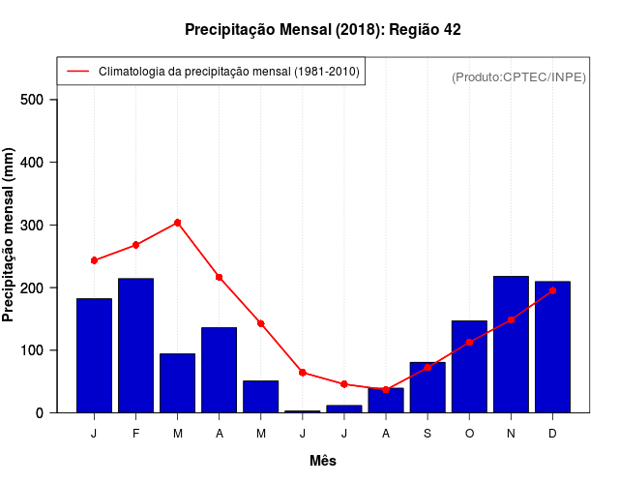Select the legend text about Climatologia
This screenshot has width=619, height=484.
(228, 72)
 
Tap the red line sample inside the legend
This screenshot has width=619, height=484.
(77, 72)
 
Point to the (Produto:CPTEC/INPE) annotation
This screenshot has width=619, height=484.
(518, 77)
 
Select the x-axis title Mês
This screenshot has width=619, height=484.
(323, 461)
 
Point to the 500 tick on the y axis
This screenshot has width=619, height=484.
(38, 100)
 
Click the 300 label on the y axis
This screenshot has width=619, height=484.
(38, 226)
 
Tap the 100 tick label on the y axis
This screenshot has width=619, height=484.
(38, 350)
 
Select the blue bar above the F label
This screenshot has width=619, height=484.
(135, 346)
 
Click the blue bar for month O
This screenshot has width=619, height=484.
(469, 367)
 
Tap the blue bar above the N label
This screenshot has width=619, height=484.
(511, 345)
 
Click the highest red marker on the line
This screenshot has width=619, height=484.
(177, 223)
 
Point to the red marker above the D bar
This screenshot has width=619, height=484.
(552, 290)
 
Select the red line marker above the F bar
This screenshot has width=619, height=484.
(135, 245)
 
